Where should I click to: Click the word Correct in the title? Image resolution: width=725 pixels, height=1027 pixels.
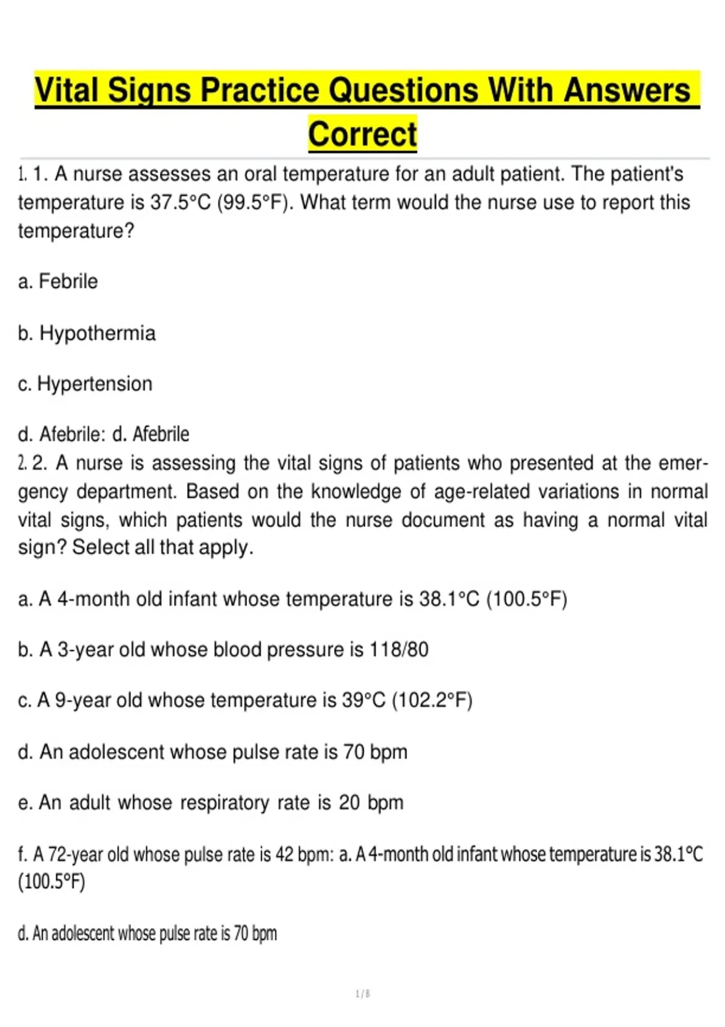[x=362, y=134]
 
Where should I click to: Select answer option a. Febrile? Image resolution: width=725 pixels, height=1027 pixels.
[x=58, y=282]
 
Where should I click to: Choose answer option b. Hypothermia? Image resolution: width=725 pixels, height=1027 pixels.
[x=87, y=333]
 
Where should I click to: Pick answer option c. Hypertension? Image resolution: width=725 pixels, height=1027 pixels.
[x=85, y=384]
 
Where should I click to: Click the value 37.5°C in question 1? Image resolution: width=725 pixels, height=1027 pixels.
[x=181, y=202]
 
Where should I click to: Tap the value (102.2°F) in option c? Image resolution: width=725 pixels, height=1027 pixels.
[x=432, y=700]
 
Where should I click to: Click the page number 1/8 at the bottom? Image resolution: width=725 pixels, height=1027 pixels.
[x=362, y=994]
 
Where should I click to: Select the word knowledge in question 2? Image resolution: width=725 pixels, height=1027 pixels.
[x=356, y=492]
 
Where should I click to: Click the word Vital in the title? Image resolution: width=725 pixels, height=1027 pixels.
[x=66, y=91]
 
